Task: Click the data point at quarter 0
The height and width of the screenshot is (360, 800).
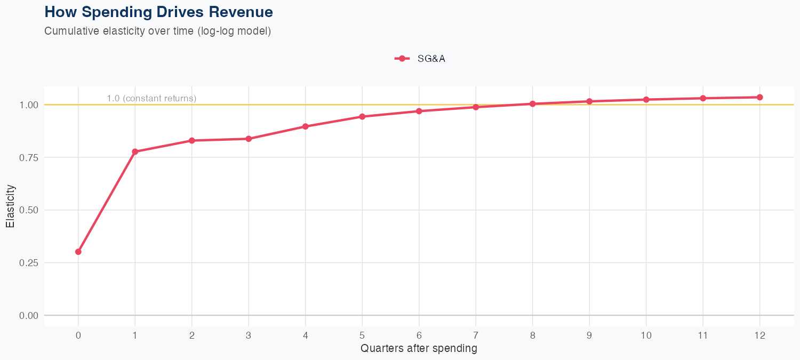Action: (x=78, y=252)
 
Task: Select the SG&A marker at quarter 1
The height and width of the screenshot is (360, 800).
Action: (x=135, y=152)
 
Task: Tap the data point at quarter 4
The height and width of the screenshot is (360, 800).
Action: (x=306, y=126)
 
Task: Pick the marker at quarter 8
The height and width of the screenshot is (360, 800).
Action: (x=533, y=104)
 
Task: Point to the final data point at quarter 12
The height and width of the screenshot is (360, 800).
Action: (x=760, y=97)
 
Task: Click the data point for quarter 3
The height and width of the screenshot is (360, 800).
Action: (x=249, y=139)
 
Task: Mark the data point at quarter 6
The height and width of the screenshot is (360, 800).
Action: (x=419, y=111)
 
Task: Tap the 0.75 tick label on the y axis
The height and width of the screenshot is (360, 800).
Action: (x=28, y=157)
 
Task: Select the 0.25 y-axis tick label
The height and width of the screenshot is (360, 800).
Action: (x=28, y=263)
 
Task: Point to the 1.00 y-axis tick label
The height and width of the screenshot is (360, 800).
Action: (x=28, y=105)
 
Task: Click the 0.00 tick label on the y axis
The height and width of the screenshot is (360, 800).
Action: (x=28, y=316)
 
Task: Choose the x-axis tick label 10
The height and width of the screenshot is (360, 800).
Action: (x=646, y=335)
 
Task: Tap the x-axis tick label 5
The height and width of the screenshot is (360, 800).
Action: (x=362, y=335)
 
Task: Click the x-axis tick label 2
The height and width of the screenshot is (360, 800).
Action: (x=192, y=335)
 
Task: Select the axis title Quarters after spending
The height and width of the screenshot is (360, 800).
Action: (x=419, y=349)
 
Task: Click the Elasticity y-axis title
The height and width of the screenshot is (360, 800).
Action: (x=10, y=206)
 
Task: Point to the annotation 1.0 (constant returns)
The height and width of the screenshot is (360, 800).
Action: (x=151, y=99)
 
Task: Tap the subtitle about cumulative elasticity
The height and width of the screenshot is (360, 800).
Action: (x=158, y=31)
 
